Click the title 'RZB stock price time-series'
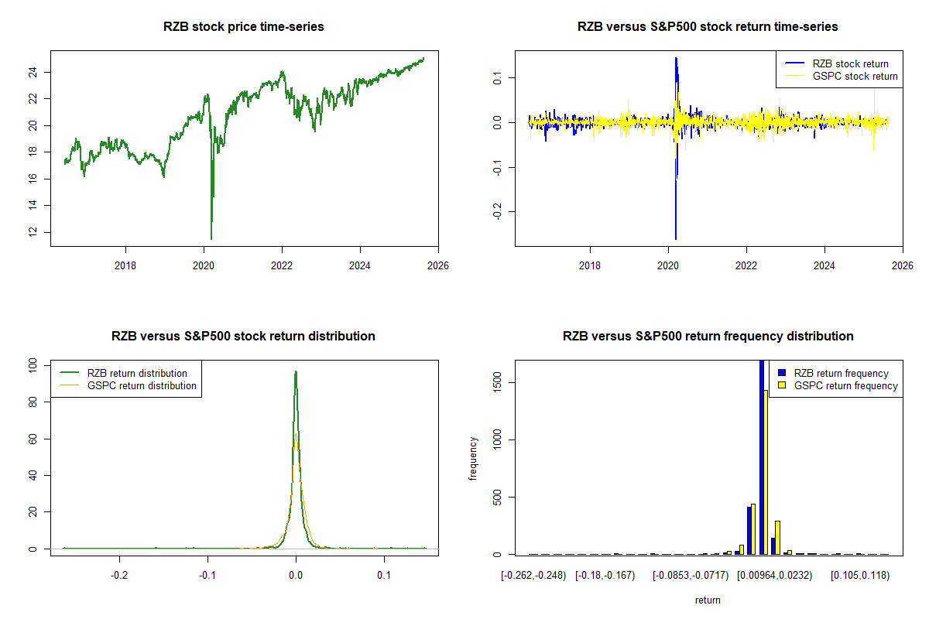(244, 27)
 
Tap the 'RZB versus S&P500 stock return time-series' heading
(708, 27)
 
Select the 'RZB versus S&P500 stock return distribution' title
(244, 337)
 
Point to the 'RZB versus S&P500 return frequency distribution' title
(708, 337)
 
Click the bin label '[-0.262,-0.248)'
(534, 576)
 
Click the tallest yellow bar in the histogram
(765, 472)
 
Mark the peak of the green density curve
(295, 371)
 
